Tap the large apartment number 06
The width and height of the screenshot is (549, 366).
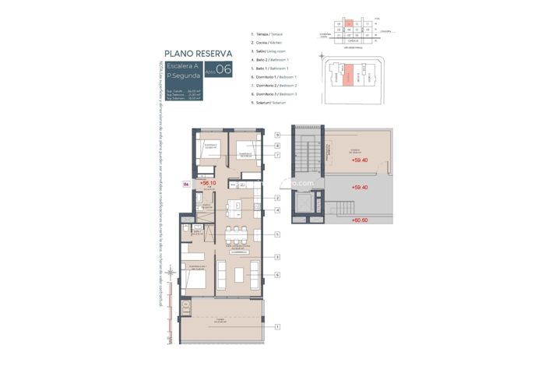tap(223, 70)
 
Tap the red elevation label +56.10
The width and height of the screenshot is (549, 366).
tap(208, 183)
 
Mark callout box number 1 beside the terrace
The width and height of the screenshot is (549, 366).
tap(276, 328)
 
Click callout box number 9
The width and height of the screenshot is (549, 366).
tap(276, 134)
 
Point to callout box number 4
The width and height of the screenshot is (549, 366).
tap(276, 210)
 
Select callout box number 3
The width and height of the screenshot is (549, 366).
tap(276, 256)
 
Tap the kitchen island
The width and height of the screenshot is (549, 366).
tap(234, 209)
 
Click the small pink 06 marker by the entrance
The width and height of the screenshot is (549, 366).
tap(186, 184)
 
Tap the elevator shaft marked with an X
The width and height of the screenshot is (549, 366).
tap(306, 203)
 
